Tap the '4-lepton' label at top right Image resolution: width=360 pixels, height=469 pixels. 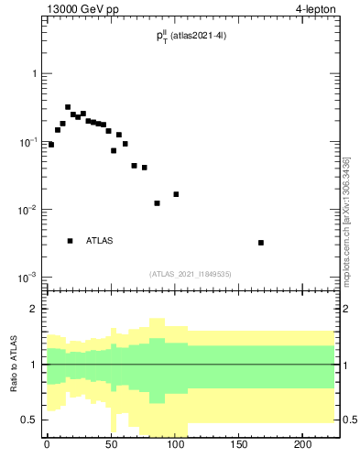click(316, 9)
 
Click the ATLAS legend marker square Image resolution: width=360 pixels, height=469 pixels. click(70, 241)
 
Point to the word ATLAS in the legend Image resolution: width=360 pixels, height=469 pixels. click(100, 241)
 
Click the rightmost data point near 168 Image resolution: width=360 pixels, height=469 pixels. click(261, 243)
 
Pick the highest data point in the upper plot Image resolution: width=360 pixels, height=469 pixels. click(68, 107)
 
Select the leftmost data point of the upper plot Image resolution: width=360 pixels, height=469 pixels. click(51, 145)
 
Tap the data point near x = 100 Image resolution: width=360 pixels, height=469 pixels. click(176, 194)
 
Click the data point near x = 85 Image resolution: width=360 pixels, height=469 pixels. click(157, 203)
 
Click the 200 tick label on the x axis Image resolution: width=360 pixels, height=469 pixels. click(303, 446)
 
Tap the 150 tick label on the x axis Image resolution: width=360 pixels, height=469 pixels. click(239, 446)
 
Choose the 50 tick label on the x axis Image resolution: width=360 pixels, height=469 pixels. click(111, 446)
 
